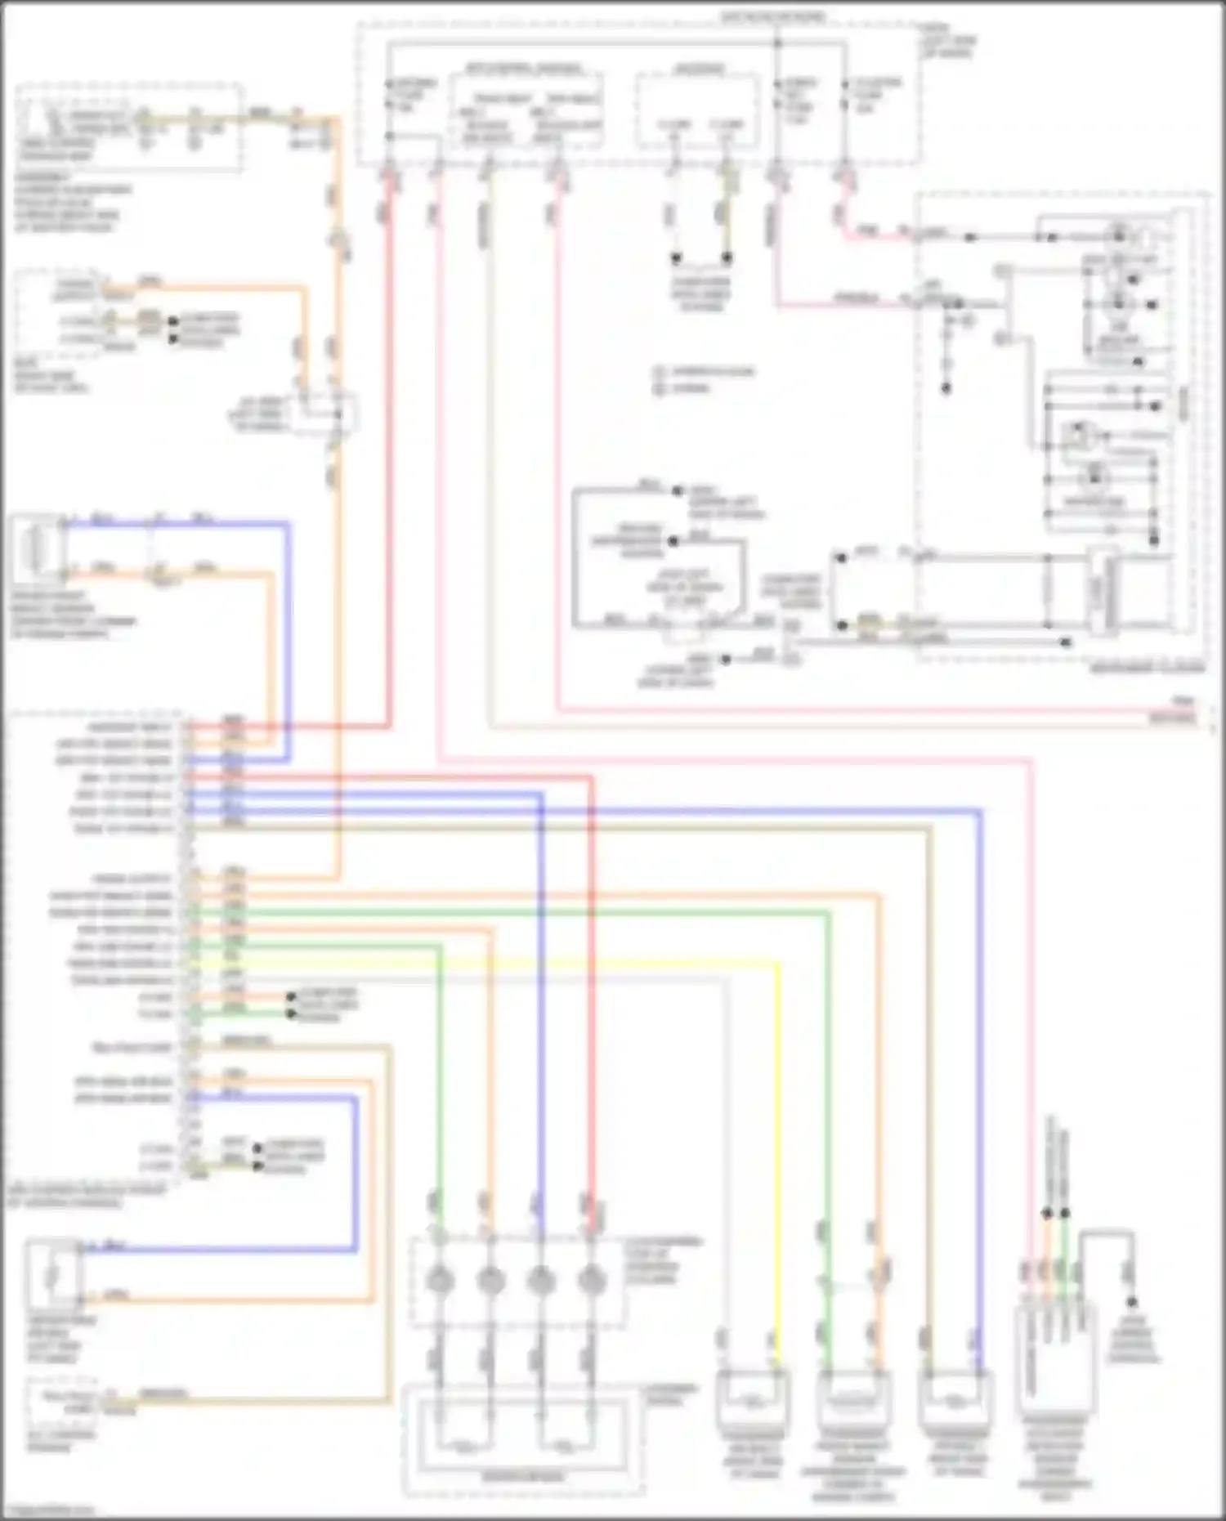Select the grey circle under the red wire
pyautogui.click(x=591, y=1280)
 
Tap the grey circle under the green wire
pyautogui.click(x=440, y=1280)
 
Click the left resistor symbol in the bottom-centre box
pyautogui.click(x=465, y=1447)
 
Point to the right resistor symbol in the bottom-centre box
pyautogui.click(x=565, y=1447)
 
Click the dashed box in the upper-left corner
pyautogui.click(x=129, y=127)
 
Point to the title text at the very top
pyautogui.click(x=772, y=16)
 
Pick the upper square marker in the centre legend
pyautogui.click(x=659, y=372)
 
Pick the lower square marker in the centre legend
pyautogui.click(x=659, y=388)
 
